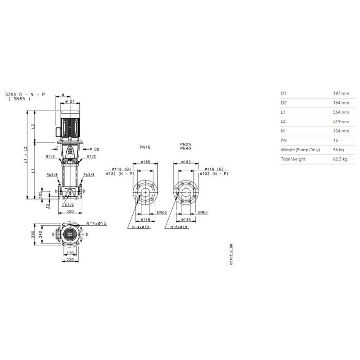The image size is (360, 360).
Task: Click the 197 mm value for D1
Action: [341, 94]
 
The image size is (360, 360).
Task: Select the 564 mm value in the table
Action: [341, 112]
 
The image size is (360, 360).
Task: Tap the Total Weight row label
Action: [293, 159]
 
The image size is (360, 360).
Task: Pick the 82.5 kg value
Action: [340, 159]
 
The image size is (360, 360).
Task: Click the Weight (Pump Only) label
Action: [300, 150]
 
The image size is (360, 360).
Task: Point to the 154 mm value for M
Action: [341, 131]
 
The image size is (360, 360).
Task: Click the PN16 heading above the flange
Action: [145, 147]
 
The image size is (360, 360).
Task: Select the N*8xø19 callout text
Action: [178, 227]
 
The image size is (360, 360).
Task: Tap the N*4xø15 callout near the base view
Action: [97, 223]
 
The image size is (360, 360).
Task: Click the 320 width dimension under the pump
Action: [70, 211]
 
